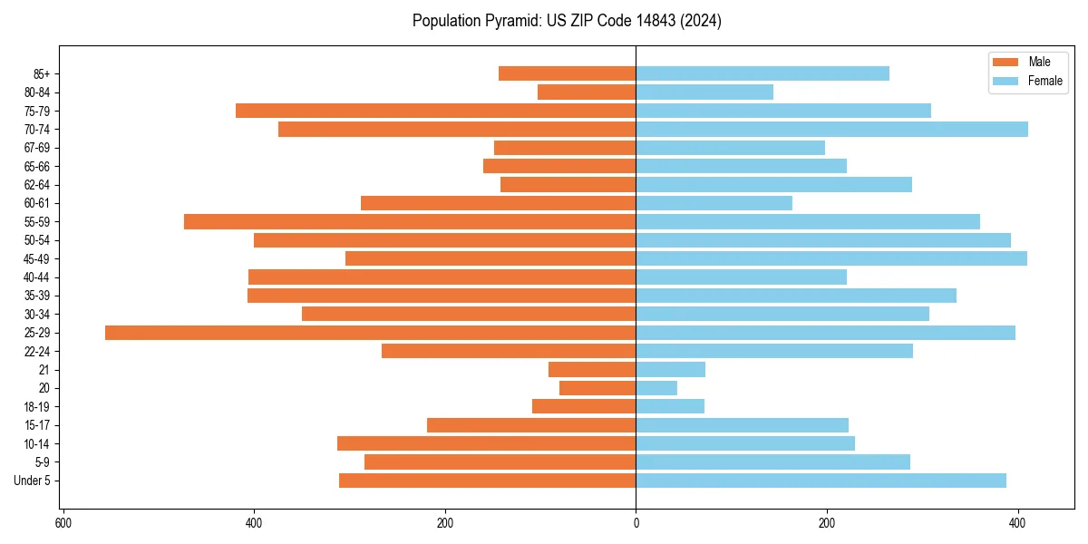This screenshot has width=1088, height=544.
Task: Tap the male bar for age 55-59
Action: tap(410, 222)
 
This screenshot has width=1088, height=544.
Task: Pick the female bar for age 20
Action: tap(656, 388)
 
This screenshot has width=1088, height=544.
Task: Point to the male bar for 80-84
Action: tap(587, 92)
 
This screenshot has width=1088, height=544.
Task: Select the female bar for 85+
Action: tap(763, 73)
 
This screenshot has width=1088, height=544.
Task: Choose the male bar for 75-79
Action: tap(435, 111)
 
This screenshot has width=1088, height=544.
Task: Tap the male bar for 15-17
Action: tap(531, 425)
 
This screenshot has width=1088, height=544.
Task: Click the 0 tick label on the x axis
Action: tap(636, 523)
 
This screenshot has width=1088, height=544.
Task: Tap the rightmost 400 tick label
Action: tap(1017, 523)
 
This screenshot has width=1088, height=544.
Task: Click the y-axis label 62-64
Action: tap(37, 185)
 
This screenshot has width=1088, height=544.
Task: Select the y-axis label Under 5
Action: tap(33, 481)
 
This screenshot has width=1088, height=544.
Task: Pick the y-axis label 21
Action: tap(44, 370)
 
